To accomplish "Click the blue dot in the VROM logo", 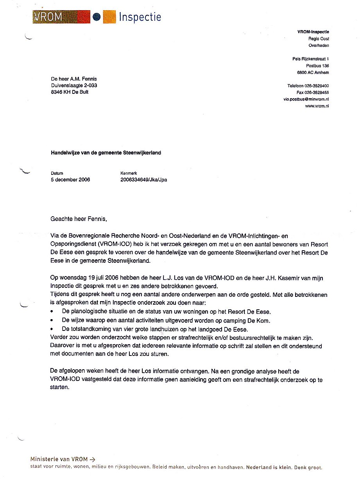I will click(x=97, y=17).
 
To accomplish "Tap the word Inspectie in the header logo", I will click(x=140, y=17).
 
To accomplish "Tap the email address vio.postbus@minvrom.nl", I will click(x=306, y=99).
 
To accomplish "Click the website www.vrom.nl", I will click(x=317, y=106).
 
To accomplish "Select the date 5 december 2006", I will click(x=70, y=180).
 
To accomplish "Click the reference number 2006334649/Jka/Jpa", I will click(x=144, y=180).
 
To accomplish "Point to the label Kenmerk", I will click(x=129, y=173).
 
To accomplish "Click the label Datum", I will click(x=57, y=173).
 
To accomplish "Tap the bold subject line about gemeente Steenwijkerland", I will click(x=106, y=153).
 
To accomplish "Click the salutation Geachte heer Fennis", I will click(x=79, y=219).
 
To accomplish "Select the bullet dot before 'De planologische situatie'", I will click(x=52, y=312).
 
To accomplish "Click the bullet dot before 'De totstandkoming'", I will click(x=52, y=330).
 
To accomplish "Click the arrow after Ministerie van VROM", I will click(x=92, y=460).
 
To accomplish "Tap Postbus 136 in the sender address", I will click(x=317, y=66).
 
